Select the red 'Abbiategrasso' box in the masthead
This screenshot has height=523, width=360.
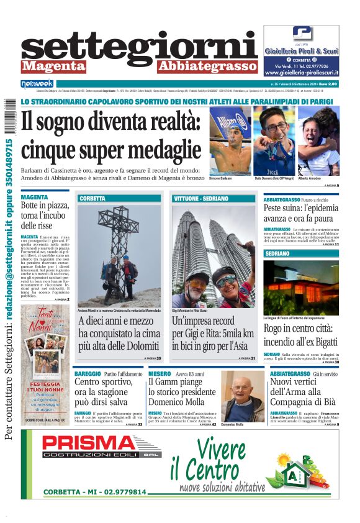coord(207,66)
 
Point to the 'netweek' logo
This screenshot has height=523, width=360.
coord(38,83)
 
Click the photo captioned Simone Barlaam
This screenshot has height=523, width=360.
coord(230,141)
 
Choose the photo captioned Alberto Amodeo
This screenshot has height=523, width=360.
coord(318,141)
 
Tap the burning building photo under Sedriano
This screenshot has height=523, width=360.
coord(301,286)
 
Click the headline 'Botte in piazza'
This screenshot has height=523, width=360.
coord(45,215)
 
